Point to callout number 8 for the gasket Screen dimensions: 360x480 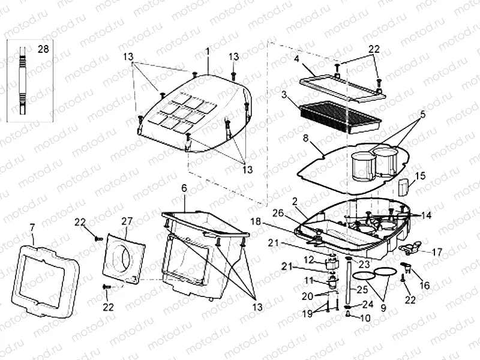305,140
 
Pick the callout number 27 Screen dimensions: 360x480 126,221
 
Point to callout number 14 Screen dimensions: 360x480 425,215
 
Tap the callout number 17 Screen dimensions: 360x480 437,253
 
